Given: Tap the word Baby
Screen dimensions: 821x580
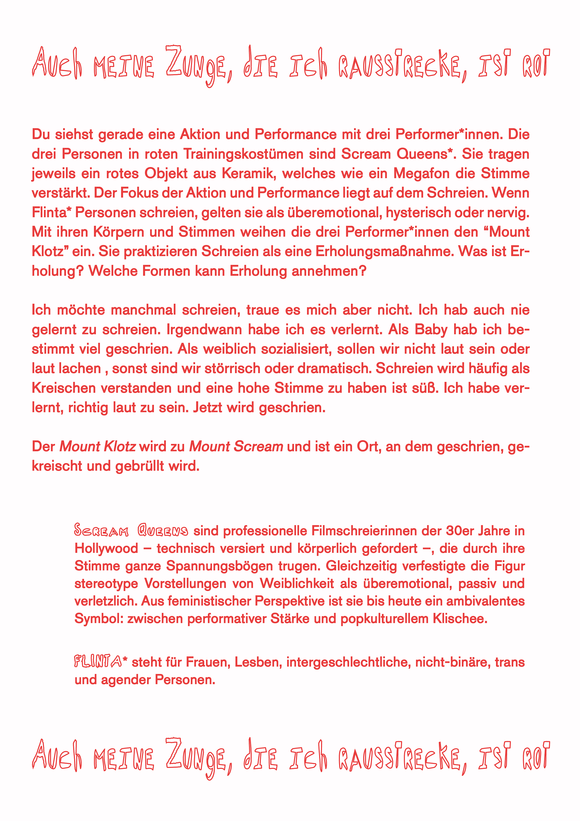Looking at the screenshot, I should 431,329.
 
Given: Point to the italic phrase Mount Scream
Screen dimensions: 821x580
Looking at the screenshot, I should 236,447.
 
